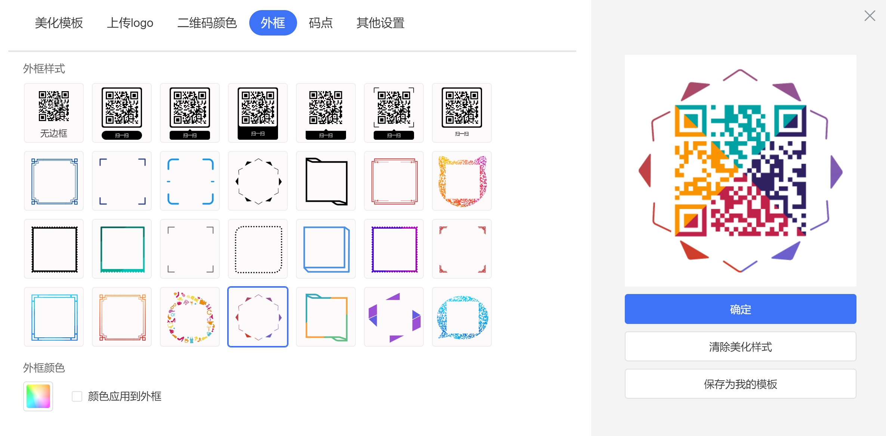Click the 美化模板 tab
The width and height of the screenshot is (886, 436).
pyautogui.click(x=59, y=23)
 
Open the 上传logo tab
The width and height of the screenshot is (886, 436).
pyautogui.click(x=130, y=23)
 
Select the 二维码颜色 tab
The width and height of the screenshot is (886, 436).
pyautogui.click(x=207, y=23)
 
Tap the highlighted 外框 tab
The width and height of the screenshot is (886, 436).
pyautogui.click(x=273, y=23)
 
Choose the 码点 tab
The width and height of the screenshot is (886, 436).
pyautogui.click(x=321, y=23)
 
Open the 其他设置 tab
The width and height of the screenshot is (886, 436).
pyautogui.click(x=380, y=23)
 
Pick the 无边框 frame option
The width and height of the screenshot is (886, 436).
pyautogui.click(x=54, y=113)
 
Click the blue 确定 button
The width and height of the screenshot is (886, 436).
pyautogui.click(x=740, y=309)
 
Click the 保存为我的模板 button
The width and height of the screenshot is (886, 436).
pyautogui.click(x=740, y=384)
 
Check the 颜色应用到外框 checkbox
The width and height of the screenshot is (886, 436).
pyautogui.click(x=77, y=396)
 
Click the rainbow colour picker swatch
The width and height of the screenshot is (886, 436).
pyautogui.click(x=38, y=396)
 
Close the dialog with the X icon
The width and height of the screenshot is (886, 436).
pyautogui.click(x=870, y=16)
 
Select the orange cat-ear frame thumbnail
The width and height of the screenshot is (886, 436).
pyautogui.click(x=462, y=181)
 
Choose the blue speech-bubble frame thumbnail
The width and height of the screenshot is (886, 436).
pyautogui.click(x=462, y=317)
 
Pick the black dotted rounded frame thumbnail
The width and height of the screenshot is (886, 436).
pyautogui.click(x=258, y=249)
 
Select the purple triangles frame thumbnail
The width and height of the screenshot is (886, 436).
pyautogui.click(x=394, y=317)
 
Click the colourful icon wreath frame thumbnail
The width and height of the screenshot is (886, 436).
pyautogui.click(x=190, y=317)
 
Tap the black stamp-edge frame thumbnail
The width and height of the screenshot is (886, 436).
pyautogui.click(x=54, y=249)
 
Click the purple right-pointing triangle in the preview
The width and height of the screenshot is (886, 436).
pyautogui.click(x=836, y=172)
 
